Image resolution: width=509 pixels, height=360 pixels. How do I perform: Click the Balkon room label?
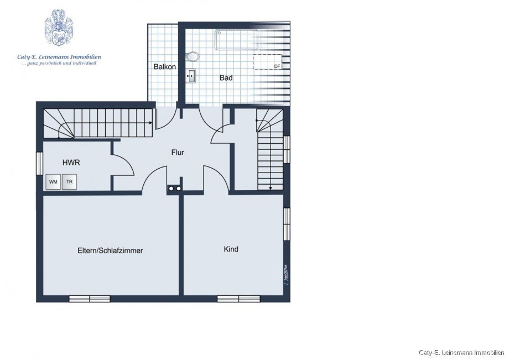[x=165, y=67]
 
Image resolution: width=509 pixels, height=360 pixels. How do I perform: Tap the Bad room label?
[x=226, y=78]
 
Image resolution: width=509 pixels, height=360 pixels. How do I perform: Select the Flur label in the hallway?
[x=178, y=153]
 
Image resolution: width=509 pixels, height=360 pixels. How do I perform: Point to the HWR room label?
[x=71, y=163]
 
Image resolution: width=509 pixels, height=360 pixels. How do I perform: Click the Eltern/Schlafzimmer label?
[x=110, y=251]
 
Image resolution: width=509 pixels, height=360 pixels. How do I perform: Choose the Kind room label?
[x=231, y=249]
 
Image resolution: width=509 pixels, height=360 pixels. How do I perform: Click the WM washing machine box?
[x=53, y=182]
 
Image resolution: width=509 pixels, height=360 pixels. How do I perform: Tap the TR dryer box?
[x=69, y=182]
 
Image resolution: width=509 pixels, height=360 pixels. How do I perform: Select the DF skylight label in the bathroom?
[x=277, y=66]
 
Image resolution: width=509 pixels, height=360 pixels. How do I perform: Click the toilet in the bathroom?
[x=193, y=57]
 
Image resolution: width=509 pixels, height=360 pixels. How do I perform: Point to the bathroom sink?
[x=191, y=76]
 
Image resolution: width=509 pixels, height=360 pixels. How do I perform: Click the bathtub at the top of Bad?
[x=237, y=40]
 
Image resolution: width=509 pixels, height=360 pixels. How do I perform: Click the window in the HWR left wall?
[x=39, y=164]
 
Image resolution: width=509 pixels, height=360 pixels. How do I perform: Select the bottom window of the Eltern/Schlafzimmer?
[x=89, y=299]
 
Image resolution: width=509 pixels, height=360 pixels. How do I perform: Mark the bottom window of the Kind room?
[x=238, y=299]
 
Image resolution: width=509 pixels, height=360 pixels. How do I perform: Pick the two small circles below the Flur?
[x=175, y=189]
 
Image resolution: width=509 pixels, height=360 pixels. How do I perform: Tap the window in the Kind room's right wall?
[x=287, y=224]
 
